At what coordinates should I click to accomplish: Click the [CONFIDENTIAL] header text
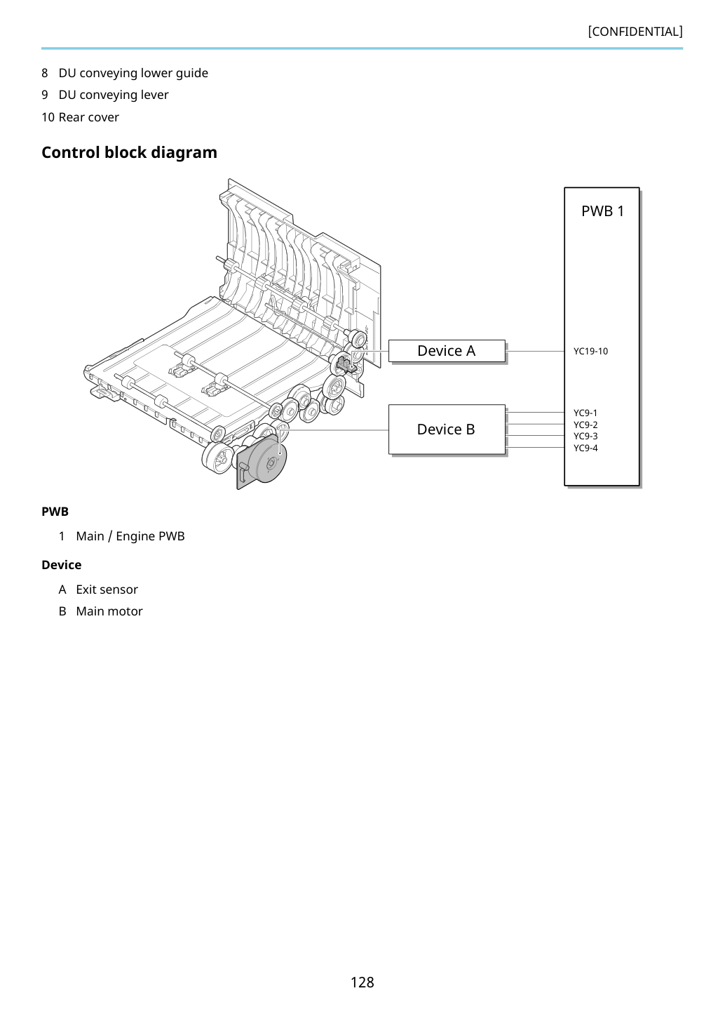click(635, 32)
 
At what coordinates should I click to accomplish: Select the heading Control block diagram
click(129, 152)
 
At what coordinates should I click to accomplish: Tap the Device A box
click(447, 351)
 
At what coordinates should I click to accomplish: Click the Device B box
click(447, 429)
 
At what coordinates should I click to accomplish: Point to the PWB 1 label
click(602, 211)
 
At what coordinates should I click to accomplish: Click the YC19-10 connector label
click(590, 352)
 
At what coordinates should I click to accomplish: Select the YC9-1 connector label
click(585, 413)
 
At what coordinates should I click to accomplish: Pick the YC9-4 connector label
click(585, 448)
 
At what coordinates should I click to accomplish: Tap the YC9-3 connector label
click(585, 436)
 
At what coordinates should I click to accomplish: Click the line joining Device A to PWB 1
click(534, 352)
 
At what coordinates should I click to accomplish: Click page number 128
click(362, 982)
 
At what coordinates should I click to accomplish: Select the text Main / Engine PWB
click(130, 536)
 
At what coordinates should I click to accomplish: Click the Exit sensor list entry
click(107, 589)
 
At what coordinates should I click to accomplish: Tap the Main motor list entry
click(109, 611)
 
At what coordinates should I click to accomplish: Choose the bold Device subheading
click(61, 565)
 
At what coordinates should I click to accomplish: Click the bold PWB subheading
click(55, 512)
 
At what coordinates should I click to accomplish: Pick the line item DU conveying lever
click(114, 95)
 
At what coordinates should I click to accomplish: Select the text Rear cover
click(89, 117)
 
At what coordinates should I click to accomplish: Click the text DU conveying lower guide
click(133, 73)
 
